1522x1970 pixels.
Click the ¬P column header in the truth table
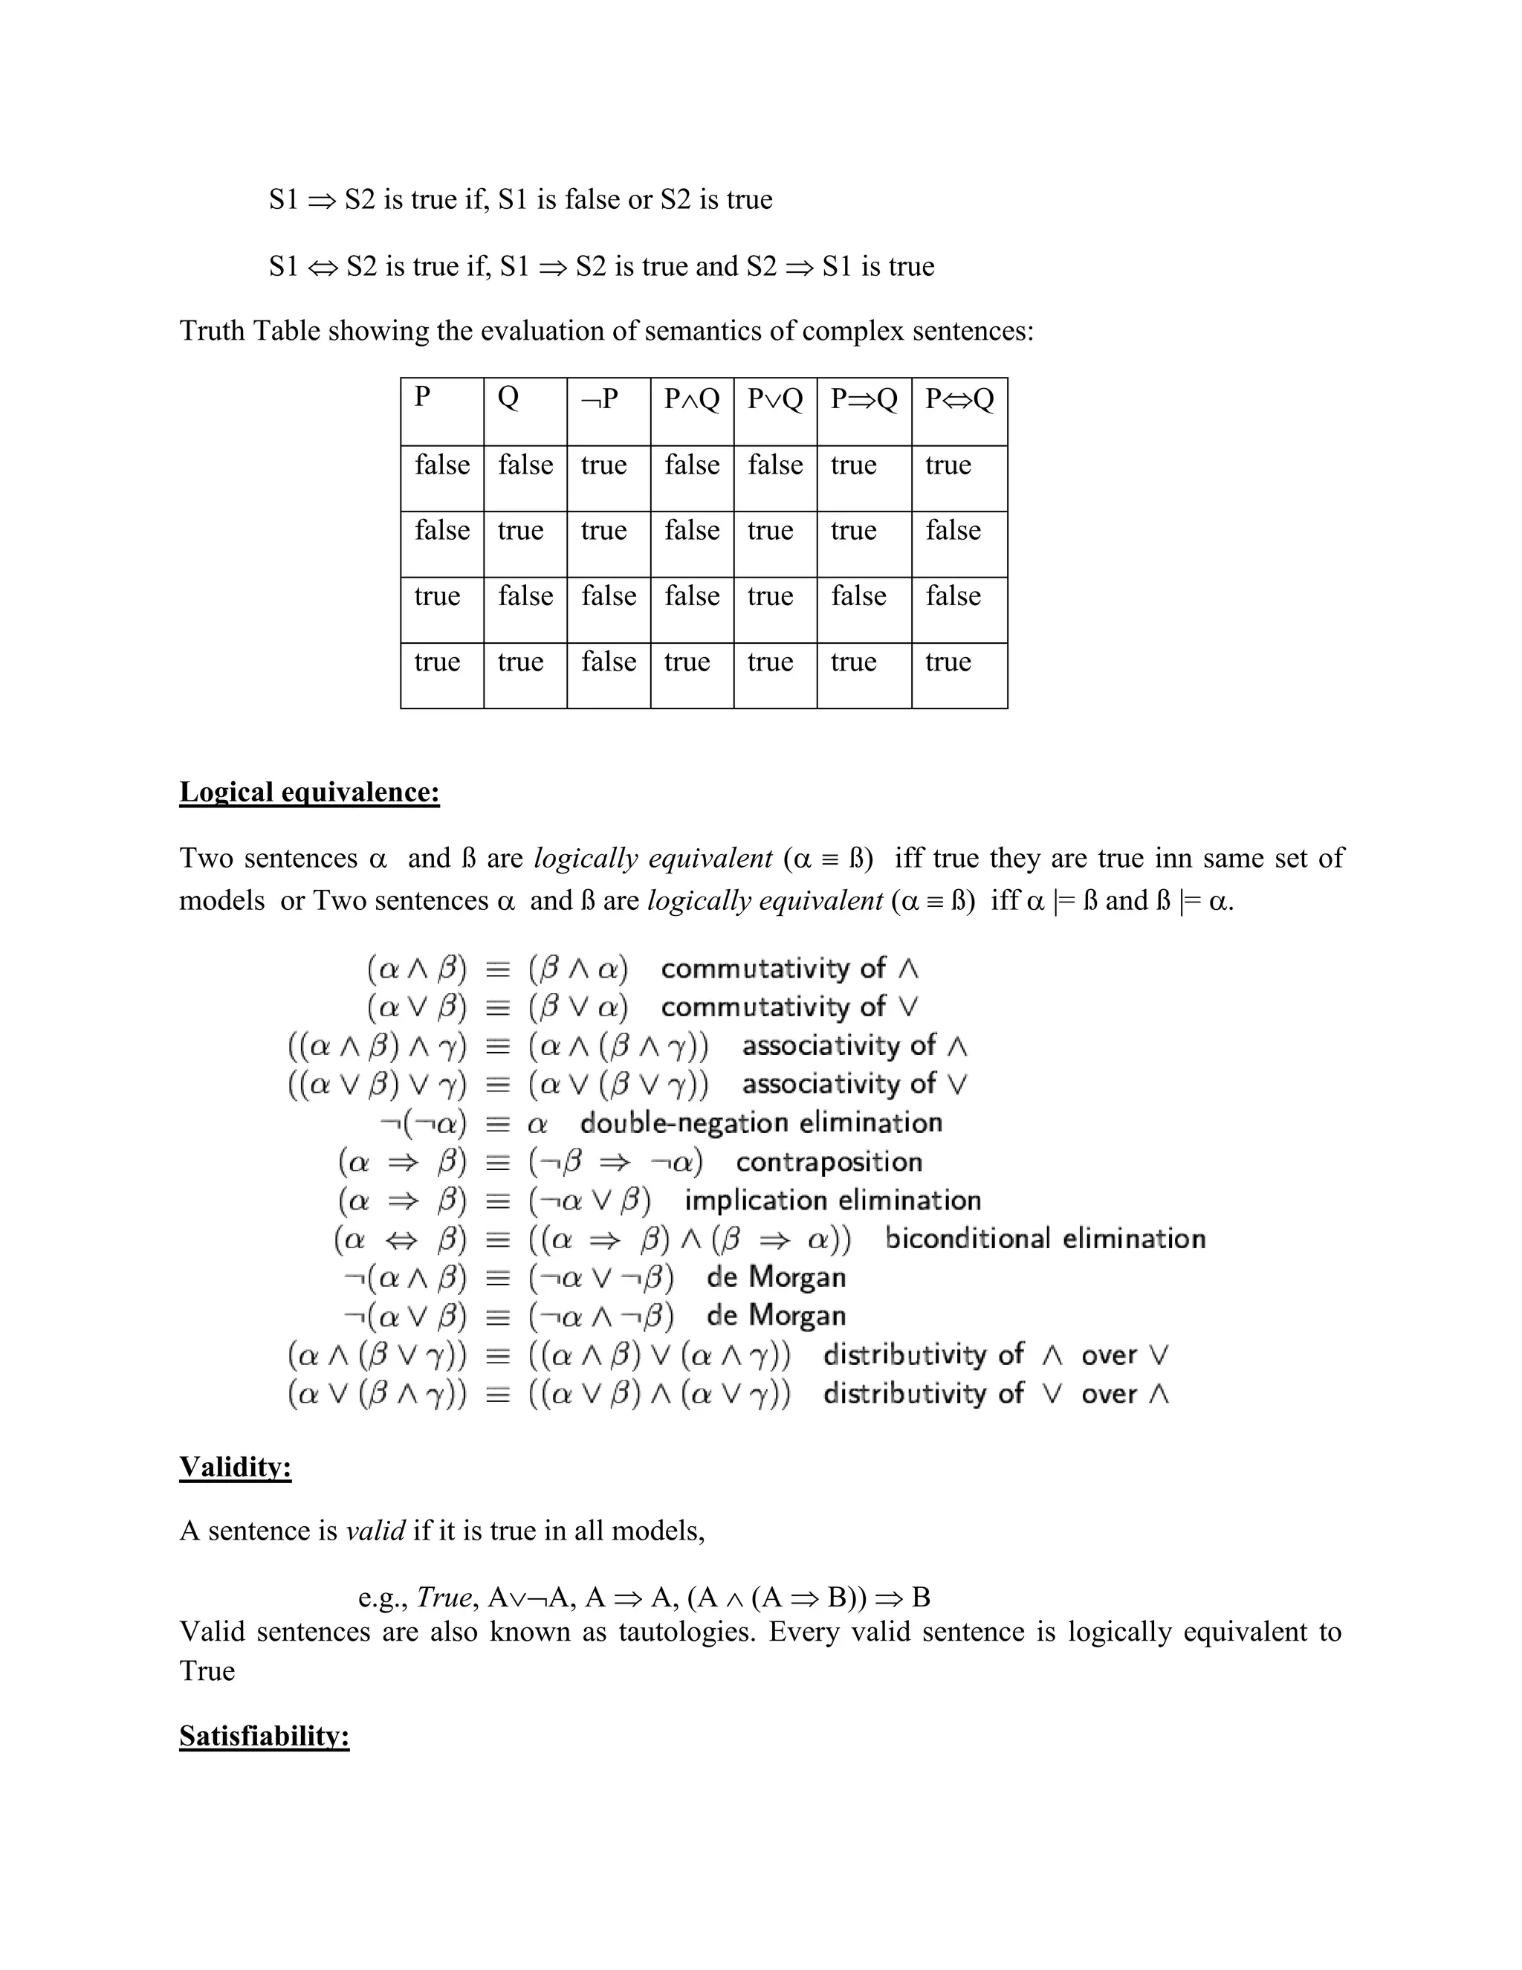600,398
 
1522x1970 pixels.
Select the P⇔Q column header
959,398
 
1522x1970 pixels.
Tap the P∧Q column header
692,398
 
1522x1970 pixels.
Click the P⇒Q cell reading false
858,596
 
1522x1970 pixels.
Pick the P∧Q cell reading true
687,662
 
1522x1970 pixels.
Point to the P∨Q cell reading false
774,465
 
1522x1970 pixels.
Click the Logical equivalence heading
309,792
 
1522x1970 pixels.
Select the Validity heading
236,1467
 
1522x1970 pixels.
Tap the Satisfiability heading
264,1736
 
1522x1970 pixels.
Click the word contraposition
829,1162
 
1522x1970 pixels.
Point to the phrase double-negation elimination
761,1123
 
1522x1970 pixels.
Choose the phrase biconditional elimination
1045,1238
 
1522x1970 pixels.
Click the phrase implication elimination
832,1201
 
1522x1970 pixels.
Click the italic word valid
375,1531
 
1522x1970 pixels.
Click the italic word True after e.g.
444,1598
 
